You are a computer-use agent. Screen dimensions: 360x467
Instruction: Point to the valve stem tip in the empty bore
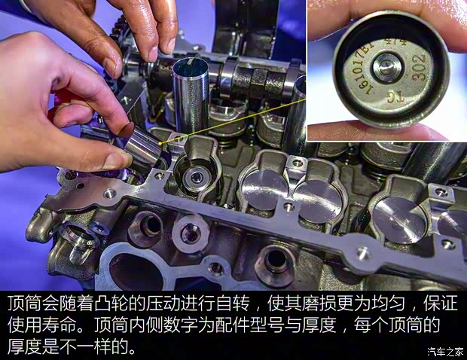(x=197, y=178)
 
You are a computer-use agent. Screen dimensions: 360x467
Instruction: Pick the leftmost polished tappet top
(x=263, y=184)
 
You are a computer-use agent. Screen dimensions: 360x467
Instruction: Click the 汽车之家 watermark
(x=444, y=351)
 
